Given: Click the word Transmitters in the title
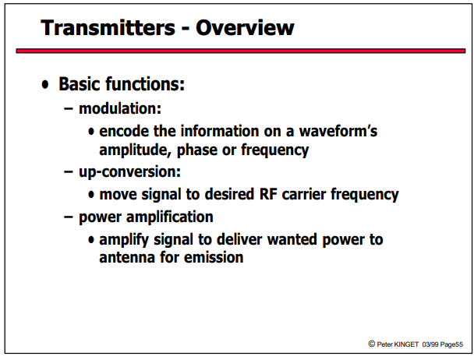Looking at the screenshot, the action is tap(108, 28).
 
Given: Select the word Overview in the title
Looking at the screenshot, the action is tap(245, 28).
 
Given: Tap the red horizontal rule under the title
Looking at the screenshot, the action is tap(241, 51).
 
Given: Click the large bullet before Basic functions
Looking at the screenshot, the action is tap(45, 84).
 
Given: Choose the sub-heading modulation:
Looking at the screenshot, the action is tap(120, 108).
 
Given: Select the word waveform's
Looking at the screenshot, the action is tap(338, 131).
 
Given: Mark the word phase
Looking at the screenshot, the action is tap(197, 150).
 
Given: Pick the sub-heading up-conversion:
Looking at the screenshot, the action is tap(129, 172).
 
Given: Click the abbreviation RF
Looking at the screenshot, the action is tap(268, 194).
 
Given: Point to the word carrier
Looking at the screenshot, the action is tap(304, 194).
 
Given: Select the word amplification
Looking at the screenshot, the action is tap(170, 217).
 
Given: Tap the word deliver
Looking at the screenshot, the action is tap(239, 239).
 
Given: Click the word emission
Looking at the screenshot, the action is tap(214, 257).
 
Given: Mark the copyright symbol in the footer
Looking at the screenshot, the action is tap(372, 344).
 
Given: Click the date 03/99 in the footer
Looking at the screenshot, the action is tap(430, 344).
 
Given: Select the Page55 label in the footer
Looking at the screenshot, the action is tap(451, 344).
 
